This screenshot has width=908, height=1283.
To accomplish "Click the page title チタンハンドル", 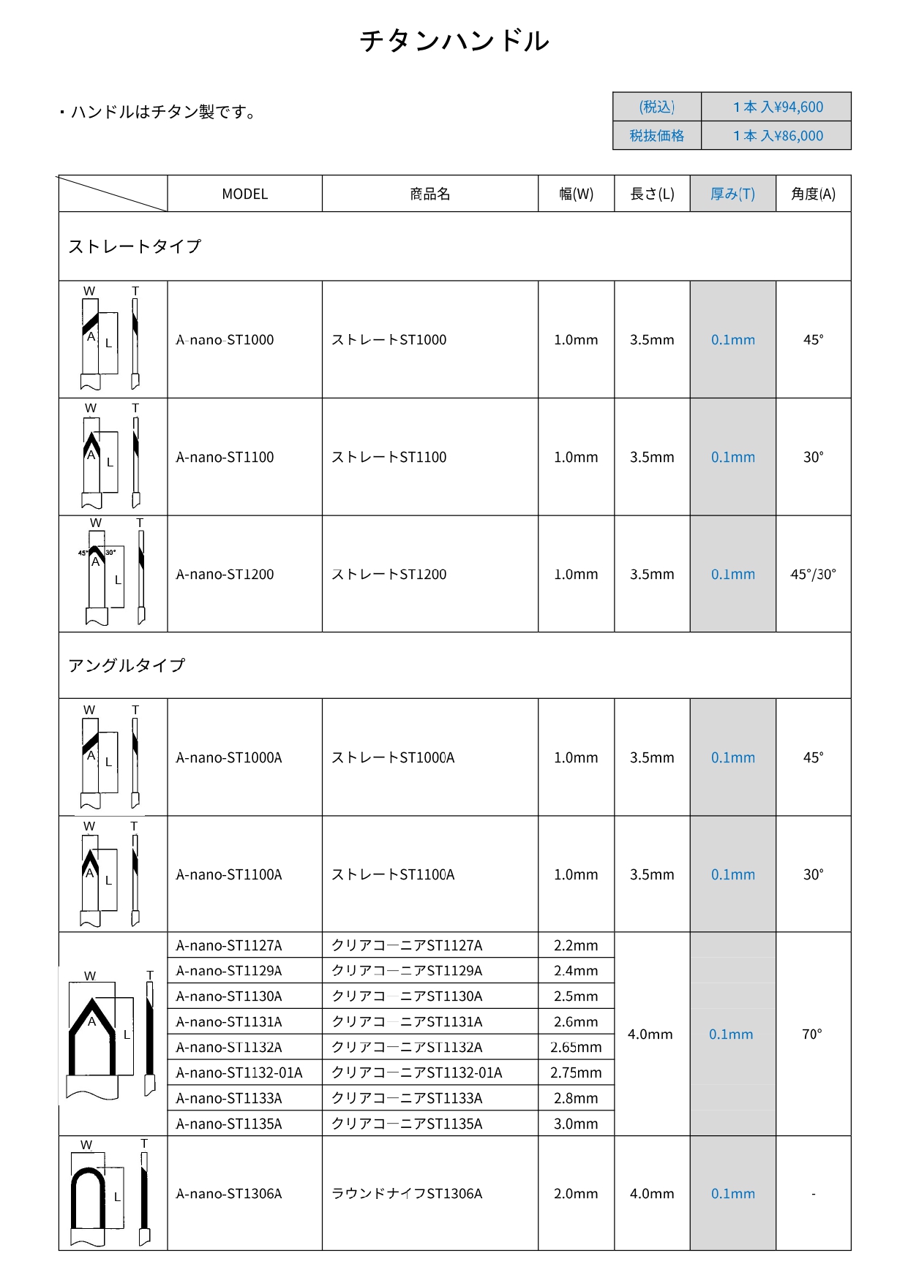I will (454, 41).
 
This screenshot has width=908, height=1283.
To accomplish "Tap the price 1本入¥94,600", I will (778, 107).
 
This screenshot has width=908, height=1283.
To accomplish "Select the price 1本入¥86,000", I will (778, 136).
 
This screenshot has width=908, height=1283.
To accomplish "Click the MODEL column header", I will (244, 194).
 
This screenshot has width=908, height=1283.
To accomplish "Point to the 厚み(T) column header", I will (732, 194).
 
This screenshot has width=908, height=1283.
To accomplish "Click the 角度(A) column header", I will (813, 194).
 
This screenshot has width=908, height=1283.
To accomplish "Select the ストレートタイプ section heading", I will (135, 246).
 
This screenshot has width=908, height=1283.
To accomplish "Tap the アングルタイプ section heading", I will (127, 665).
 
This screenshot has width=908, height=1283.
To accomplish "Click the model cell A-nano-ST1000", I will (225, 340).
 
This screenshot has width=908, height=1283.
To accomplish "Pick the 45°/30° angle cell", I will (813, 575).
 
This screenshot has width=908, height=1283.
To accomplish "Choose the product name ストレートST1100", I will (389, 458).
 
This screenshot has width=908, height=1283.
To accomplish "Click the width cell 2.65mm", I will (576, 1048).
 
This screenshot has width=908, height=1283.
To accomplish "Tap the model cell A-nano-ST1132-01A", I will (239, 1073).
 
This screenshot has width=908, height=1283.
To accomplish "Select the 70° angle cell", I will (812, 1034).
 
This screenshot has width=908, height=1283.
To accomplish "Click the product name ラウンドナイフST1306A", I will (407, 1194).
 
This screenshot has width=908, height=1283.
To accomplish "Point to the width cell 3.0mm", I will (576, 1124).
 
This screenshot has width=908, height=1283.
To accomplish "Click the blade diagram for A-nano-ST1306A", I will (112, 1193).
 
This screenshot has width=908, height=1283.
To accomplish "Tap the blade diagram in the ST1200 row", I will (112, 575).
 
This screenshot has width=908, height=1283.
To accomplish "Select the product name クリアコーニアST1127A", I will (407, 946).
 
